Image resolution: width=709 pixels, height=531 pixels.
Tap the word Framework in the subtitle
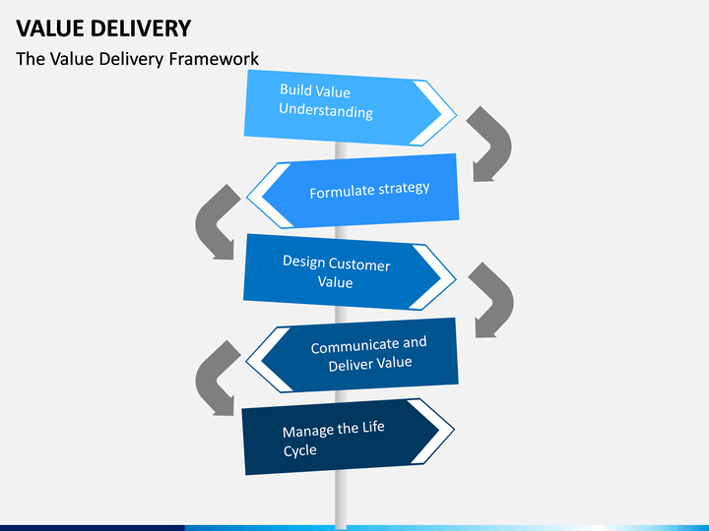tap(214, 59)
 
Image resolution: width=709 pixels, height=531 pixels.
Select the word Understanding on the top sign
tap(326, 110)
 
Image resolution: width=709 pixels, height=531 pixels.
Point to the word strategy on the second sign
tap(404, 188)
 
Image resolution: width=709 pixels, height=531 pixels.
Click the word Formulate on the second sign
tap(342, 192)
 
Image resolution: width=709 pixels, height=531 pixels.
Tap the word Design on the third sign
tap(304, 262)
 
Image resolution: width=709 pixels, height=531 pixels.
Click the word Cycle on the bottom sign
tap(299, 450)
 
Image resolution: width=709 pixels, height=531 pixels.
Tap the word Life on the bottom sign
tap(373, 426)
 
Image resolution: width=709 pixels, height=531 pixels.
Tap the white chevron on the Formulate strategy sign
tap(267, 197)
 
